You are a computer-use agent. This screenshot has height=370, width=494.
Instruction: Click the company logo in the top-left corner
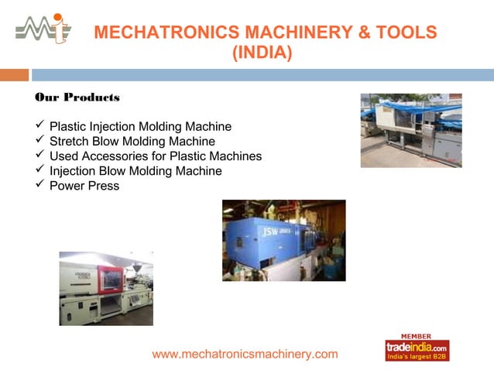coord(43,28)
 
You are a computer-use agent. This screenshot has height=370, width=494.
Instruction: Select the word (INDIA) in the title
coord(262,53)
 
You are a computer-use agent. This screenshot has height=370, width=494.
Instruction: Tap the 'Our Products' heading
coord(77,98)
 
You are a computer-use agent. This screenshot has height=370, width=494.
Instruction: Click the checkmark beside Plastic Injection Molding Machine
coord(40,126)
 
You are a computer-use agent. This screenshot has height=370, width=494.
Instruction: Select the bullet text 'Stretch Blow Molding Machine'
coord(132,142)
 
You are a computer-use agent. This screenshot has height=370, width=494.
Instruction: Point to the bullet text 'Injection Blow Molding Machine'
coord(136,171)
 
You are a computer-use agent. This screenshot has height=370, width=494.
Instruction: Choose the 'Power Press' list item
coord(84,186)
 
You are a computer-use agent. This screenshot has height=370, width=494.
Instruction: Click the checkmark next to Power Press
coord(40,186)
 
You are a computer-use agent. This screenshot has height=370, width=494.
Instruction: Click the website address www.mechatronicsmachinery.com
coord(245,354)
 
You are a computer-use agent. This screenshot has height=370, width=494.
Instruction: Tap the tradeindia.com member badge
coord(417,350)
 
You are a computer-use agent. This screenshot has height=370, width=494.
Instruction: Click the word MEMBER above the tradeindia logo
coord(417,336)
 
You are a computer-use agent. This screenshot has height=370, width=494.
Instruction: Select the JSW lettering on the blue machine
coord(269,231)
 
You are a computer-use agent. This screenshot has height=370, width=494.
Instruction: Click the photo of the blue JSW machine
coord(283,240)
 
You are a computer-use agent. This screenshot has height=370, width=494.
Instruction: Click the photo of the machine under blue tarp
coord(410,130)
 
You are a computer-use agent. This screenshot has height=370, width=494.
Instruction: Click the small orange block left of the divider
coord(14,75)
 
